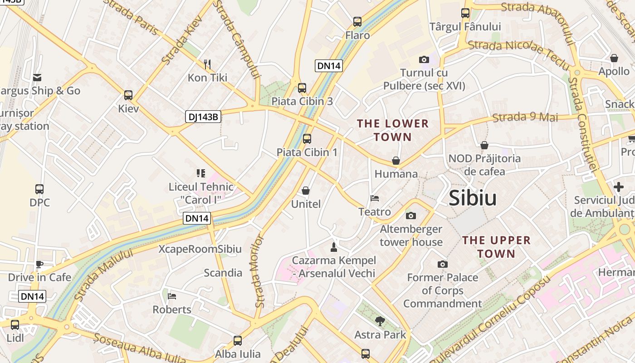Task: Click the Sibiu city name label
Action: point(473,199)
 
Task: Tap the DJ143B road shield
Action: point(203,117)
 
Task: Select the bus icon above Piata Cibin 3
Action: point(302,88)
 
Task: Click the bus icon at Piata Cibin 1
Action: point(307,139)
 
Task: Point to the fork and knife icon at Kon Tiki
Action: point(207,64)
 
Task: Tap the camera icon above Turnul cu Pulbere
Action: point(424,59)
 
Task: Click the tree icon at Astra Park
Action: point(380,321)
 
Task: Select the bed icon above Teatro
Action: point(375,198)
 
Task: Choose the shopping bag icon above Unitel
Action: point(306,191)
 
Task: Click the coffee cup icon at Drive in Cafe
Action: point(39,264)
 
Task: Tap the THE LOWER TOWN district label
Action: point(393,130)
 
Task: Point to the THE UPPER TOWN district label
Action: point(496,247)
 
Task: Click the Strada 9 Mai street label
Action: point(525,117)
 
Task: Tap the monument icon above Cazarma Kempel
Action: point(334,247)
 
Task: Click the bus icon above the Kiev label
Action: point(128,95)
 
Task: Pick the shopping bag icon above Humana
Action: point(396,161)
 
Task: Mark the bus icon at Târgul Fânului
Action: point(465,13)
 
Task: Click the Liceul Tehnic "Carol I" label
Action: point(201,193)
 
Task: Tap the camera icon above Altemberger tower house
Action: point(411,216)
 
